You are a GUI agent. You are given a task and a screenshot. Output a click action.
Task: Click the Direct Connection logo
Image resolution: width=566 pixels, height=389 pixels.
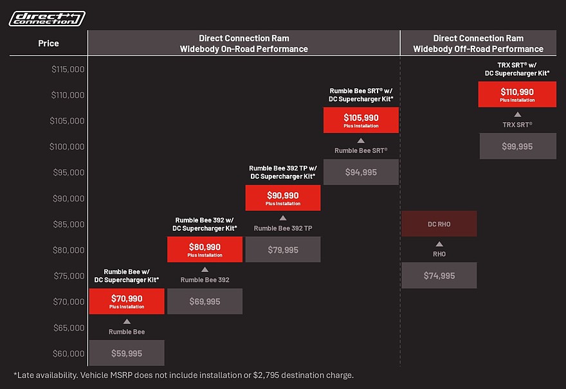coord(47,19)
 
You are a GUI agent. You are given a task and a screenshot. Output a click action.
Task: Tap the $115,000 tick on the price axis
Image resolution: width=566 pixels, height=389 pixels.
coord(68,69)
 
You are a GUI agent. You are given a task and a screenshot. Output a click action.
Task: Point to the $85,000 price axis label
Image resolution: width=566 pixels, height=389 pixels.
coord(69,224)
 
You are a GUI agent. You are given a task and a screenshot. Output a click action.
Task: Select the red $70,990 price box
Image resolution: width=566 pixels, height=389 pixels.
coord(127,301)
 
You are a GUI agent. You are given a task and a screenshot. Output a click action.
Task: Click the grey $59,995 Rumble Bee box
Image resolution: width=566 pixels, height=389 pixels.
coord(127,353)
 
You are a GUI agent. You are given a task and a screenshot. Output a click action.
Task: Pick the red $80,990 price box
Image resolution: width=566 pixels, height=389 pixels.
coord(205,249)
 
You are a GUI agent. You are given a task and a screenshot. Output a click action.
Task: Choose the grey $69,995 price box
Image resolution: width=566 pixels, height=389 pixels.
coord(205,301)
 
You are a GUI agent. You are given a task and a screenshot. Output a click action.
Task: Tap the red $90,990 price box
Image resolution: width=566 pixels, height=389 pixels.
coord(283,198)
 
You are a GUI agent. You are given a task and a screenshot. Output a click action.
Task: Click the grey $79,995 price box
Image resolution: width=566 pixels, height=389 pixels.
coord(283,249)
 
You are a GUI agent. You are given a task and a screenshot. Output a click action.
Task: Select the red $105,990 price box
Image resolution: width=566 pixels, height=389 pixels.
coord(361,120)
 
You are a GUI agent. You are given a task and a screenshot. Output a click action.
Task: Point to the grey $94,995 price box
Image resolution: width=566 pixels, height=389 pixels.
coord(361,172)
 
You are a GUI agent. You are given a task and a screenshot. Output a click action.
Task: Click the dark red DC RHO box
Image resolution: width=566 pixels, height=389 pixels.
coord(439,224)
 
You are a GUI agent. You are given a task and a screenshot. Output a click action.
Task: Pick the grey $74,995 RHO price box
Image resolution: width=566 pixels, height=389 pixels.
coord(439,275)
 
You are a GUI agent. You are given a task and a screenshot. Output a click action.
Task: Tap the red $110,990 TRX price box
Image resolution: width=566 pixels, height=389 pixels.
coord(517,94)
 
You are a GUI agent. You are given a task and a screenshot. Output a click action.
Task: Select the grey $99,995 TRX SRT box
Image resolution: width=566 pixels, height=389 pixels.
coord(518,146)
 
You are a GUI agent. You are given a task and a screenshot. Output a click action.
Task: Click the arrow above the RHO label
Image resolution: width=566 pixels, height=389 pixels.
coord(439,244)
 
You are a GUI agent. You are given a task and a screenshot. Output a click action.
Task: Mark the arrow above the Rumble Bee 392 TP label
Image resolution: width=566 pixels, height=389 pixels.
coord(283,218)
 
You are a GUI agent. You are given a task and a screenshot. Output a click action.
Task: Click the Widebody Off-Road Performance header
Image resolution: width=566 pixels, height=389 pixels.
coord(479,43)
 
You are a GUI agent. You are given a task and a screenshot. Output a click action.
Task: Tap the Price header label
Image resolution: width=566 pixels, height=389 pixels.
coord(48,43)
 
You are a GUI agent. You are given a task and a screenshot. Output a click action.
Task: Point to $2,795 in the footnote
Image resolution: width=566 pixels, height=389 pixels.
coord(266,375)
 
